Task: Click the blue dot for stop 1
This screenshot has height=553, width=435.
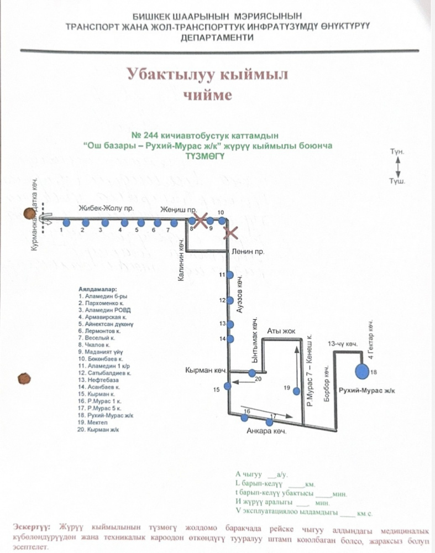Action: point(66,223)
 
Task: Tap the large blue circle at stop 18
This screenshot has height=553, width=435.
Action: point(362,372)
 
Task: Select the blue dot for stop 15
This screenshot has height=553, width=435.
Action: point(227,386)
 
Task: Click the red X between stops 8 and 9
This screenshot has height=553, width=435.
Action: point(200,220)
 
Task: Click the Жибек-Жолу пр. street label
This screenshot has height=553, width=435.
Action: point(98,210)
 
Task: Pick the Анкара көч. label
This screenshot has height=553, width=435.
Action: point(267,432)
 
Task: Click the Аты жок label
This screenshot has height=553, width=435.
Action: point(281,331)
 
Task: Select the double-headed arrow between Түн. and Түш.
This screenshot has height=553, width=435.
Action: point(397,165)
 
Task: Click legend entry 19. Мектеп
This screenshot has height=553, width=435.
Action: point(97,422)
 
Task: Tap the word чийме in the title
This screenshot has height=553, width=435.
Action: point(210,95)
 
